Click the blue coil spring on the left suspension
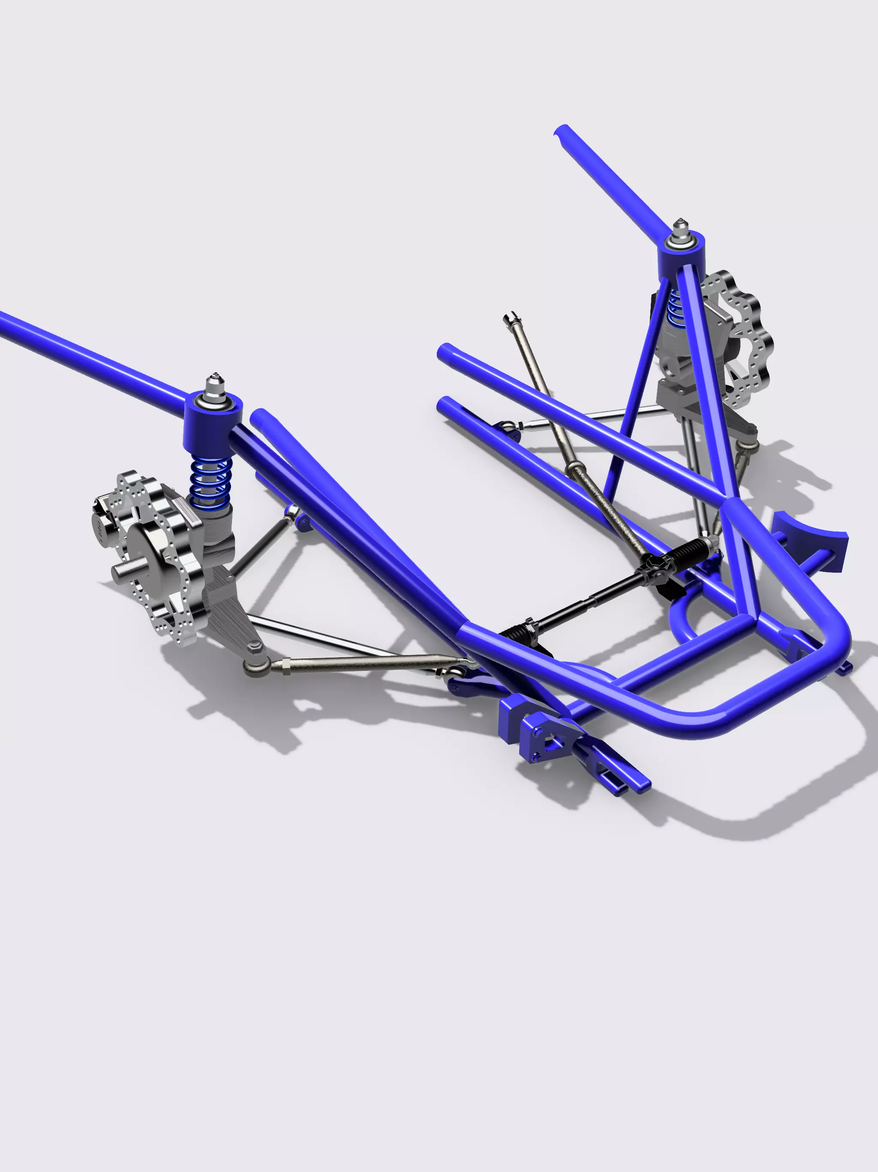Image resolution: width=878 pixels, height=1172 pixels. (211, 480)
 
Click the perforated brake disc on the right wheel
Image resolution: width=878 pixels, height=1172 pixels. (747, 339)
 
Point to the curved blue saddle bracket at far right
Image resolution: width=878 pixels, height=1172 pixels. (810, 541)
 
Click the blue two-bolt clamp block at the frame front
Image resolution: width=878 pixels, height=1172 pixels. (545, 740)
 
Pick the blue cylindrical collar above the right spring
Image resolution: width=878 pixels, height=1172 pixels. (682, 260)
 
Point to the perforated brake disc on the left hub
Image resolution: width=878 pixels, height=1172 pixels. (159, 556)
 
